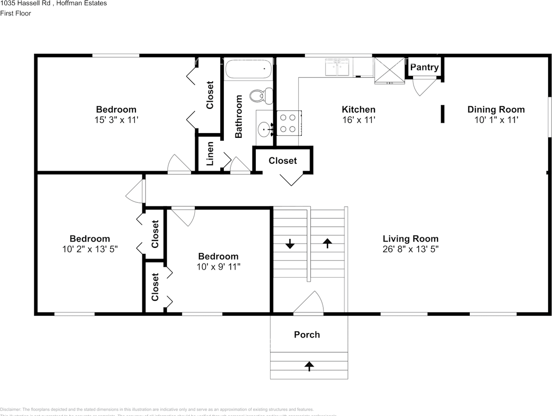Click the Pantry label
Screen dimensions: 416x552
(x=424, y=67)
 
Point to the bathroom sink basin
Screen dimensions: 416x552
(x=264, y=129)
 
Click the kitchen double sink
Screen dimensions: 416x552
(x=337, y=68)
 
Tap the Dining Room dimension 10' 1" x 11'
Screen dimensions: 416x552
(x=496, y=120)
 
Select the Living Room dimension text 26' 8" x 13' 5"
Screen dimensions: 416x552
(x=410, y=249)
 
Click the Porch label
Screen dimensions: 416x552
(x=307, y=335)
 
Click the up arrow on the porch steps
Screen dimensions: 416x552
(x=309, y=366)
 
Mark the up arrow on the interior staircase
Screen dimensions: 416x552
(x=327, y=243)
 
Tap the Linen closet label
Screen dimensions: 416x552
(x=210, y=154)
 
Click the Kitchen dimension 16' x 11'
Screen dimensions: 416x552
(x=358, y=120)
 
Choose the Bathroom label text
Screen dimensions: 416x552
(x=239, y=117)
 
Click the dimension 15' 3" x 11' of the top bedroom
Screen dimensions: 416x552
(x=116, y=120)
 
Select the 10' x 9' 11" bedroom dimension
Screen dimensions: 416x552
(x=218, y=267)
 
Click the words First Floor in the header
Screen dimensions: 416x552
(x=16, y=13)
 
